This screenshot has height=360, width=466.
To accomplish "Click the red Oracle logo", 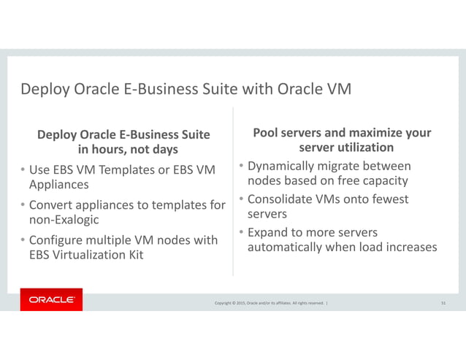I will click(51, 300).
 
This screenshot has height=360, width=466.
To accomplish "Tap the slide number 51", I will click(444, 303).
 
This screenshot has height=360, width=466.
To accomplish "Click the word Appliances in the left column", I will click(58, 185).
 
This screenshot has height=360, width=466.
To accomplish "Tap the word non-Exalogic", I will click(64, 220).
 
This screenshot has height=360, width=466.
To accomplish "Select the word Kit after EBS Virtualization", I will click(133, 255).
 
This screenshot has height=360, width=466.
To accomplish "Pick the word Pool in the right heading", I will click(266, 133).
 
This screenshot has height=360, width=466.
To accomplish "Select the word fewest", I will click(387, 199).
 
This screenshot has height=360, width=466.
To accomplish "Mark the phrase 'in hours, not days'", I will click(128, 150).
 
